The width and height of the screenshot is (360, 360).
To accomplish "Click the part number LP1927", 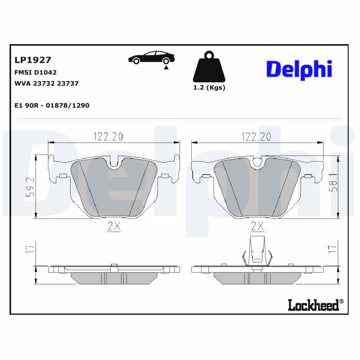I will point(33,60).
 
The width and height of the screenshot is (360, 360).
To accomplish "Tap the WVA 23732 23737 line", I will point(46,83).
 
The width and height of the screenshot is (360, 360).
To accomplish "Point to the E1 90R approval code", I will point(52,105).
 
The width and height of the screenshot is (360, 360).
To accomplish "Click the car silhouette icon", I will point(151,58).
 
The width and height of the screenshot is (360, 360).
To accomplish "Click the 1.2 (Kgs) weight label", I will point(209,88).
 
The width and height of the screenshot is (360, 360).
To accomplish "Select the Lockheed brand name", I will point(313,305).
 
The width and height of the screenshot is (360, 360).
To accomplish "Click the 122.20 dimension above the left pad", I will point(108,136).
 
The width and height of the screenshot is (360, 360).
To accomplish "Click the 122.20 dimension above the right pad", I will point(256,136).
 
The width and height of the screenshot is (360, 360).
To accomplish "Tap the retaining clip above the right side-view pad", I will point(257,252).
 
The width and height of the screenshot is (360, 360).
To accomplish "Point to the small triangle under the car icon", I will point(166,67).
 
